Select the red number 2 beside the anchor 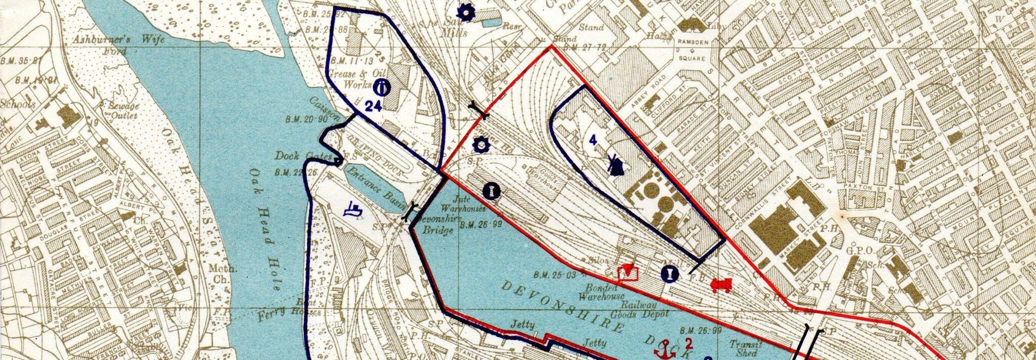[688, 344]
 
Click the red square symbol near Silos [628, 273]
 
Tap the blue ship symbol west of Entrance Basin [353, 209]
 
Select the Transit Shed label [746, 348]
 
